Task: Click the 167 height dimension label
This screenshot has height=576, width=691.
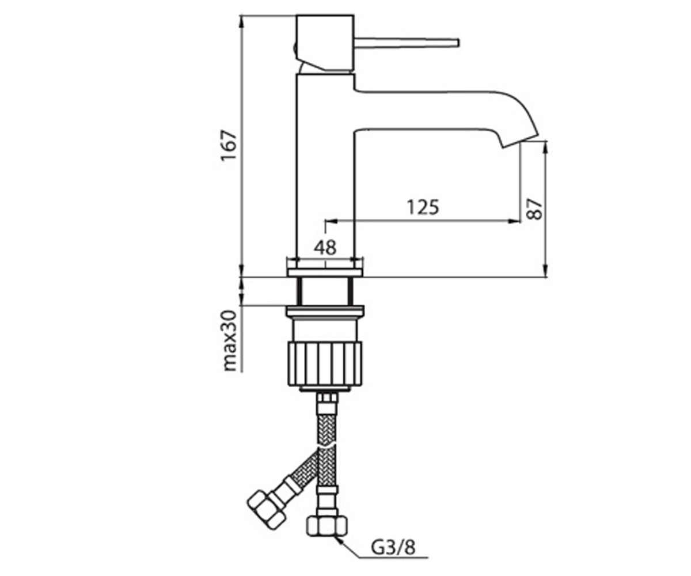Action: tap(229, 146)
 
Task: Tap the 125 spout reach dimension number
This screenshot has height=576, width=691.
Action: tap(423, 207)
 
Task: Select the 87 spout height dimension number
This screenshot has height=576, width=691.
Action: tap(534, 209)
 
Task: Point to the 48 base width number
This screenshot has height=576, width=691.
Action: tap(325, 247)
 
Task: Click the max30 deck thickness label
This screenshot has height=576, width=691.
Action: tap(230, 340)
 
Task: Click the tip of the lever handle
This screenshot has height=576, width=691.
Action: tap(457, 43)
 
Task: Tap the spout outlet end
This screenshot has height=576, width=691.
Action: tap(521, 141)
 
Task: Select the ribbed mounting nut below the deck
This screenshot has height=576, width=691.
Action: tap(325, 365)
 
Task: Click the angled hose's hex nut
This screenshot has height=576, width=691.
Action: tap(266, 512)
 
